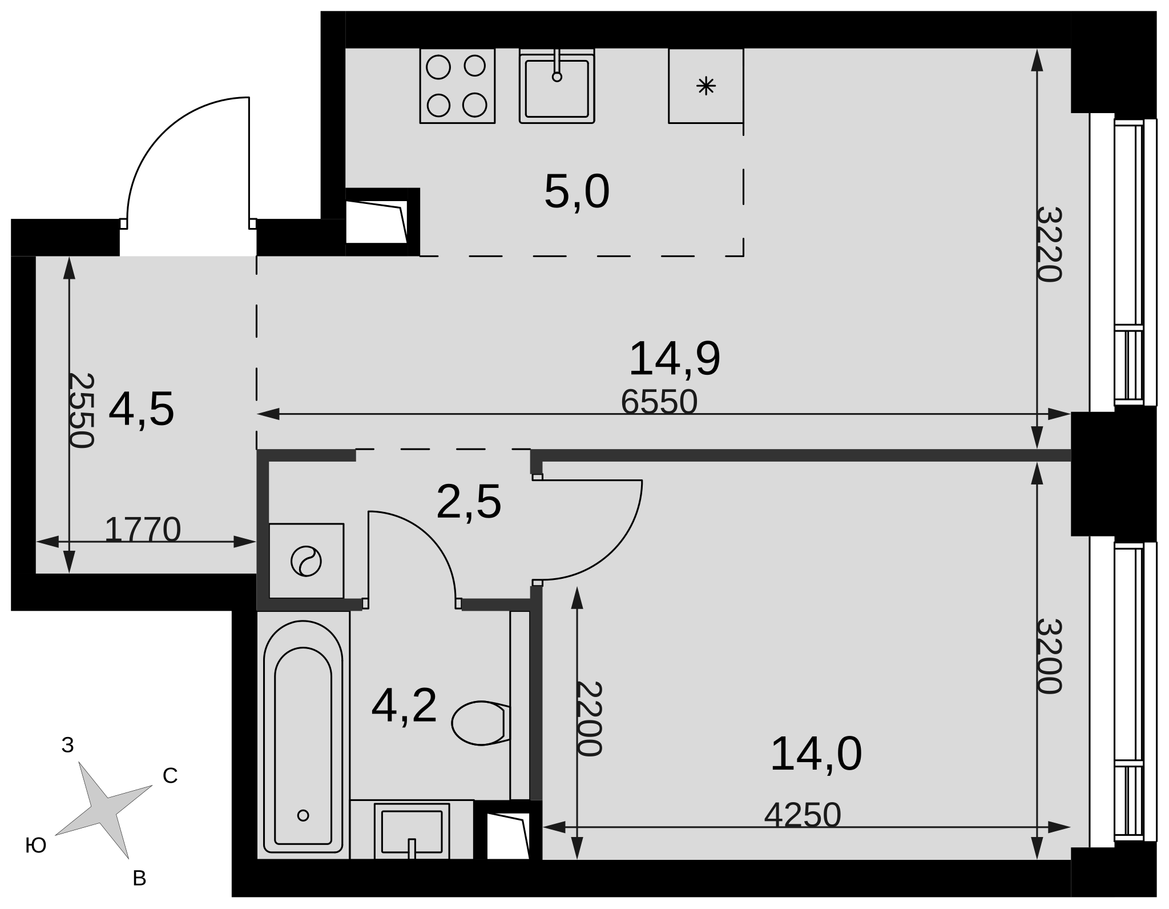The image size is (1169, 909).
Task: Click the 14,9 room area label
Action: (674, 359)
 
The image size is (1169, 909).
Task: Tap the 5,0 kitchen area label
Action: (577, 192)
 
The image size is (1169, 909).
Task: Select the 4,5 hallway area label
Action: (141, 409)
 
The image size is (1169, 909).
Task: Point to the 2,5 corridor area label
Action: (469, 502)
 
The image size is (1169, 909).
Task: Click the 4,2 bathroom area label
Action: (404, 706)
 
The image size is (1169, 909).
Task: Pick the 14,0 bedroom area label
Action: (816, 754)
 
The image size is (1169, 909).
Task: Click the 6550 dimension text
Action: (659, 402)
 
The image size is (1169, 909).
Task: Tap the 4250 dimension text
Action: (803, 815)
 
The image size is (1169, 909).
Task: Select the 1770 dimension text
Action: (143, 530)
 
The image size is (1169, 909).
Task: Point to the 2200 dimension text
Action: (588, 719)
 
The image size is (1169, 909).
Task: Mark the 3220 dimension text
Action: (1049, 245)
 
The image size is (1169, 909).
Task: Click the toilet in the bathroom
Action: (481, 723)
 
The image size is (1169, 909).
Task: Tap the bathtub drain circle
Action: (303, 815)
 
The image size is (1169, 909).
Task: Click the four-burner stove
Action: (457, 86)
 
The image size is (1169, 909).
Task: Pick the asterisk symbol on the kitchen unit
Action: (706, 86)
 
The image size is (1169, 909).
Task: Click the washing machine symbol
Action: (306, 561)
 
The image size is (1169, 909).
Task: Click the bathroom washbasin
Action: (412, 831)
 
